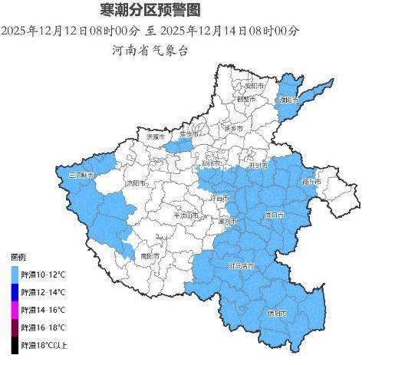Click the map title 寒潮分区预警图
click(x=150, y=11)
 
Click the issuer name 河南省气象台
click(x=150, y=51)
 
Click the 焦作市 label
click(x=188, y=134)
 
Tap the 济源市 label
click(x=153, y=136)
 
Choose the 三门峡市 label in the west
click(x=81, y=176)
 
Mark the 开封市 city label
click(x=258, y=165)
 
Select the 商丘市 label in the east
click(x=311, y=182)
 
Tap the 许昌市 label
click(x=220, y=199)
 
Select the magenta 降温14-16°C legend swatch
click(x=15, y=310)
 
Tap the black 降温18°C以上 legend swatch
click(x=15, y=345)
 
